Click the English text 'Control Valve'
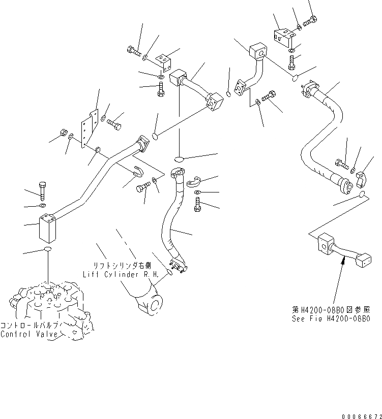point(29,334)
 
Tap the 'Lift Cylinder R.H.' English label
point(121,274)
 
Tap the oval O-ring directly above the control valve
point(47,250)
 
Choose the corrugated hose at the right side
point(326,137)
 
